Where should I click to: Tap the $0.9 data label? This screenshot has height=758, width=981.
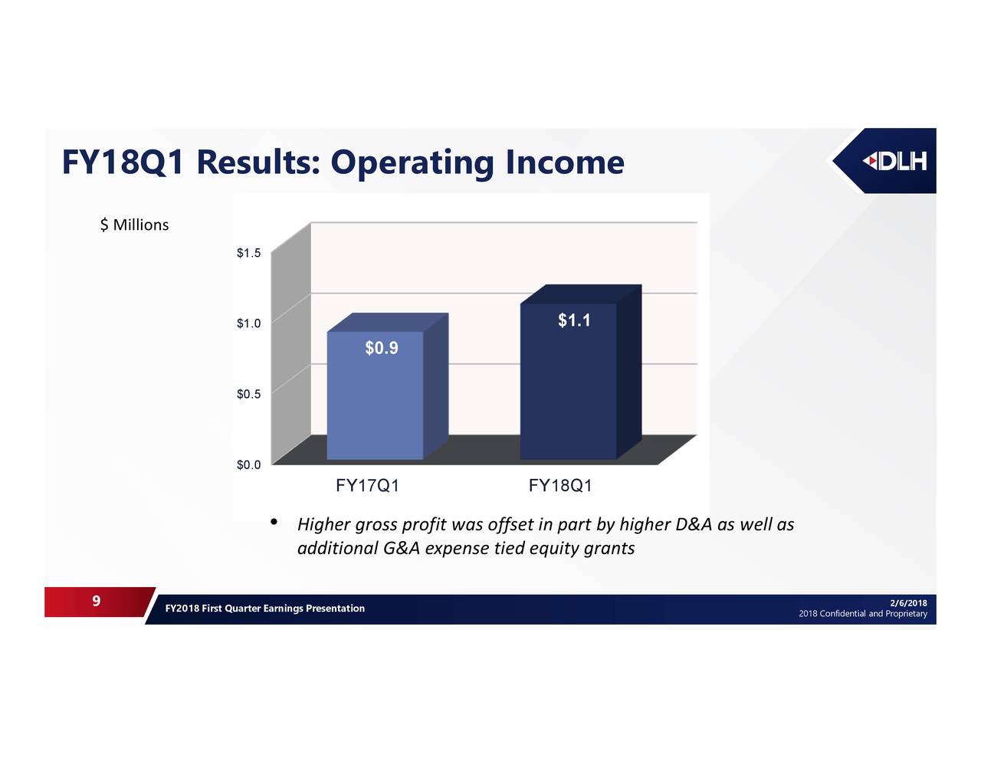[x=381, y=349]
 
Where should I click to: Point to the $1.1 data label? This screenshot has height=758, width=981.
[x=574, y=320]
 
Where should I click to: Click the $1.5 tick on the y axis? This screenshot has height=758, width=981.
[x=248, y=253]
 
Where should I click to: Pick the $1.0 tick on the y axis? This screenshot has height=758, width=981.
[x=248, y=323]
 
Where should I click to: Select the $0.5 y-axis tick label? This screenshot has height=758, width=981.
[x=248, y=394]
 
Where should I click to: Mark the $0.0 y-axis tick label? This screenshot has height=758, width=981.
[x=248, y=464]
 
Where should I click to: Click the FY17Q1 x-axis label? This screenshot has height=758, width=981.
[x=367, y=486]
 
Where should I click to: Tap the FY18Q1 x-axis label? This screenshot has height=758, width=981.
[x=560, y=486]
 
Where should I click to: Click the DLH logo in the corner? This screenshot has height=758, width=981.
[x=894, y=161]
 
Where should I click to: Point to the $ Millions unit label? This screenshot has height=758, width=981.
[x=134, y=225]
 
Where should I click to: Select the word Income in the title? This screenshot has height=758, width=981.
[x=564, y=162]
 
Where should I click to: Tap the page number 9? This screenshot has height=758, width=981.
[x=96, y=601]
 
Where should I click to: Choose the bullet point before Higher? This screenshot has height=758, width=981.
[x=274, y=523]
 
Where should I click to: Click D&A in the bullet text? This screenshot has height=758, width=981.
[x=694, y=524]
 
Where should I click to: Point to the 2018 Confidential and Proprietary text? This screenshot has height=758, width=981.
[x=862, y=614]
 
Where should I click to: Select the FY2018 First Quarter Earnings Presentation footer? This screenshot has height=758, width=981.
[x=264, y=609]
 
